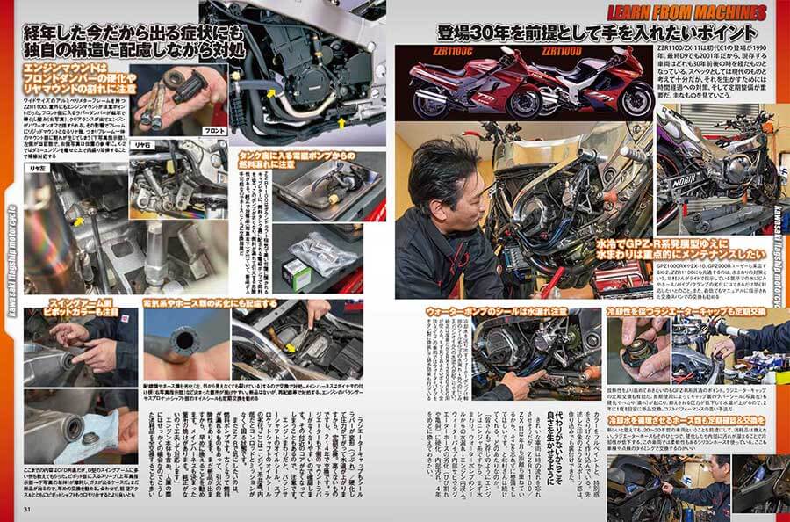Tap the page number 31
pyautogui.click(x=27, y=510)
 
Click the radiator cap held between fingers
pyautogui.click(x=654, y=357)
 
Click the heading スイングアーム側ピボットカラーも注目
pyautogui.click(x=71, y=308)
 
